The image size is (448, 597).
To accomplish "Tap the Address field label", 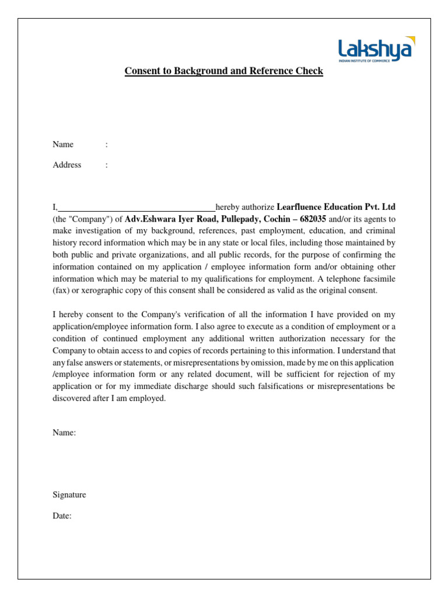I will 67,165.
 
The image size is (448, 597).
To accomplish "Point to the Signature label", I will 69,495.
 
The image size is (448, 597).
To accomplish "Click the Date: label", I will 62,516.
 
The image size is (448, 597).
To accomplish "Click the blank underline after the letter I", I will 136,208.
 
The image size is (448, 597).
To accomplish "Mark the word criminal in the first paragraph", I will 380,231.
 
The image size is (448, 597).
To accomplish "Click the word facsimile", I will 377,279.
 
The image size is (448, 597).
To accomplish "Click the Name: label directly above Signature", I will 64,433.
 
